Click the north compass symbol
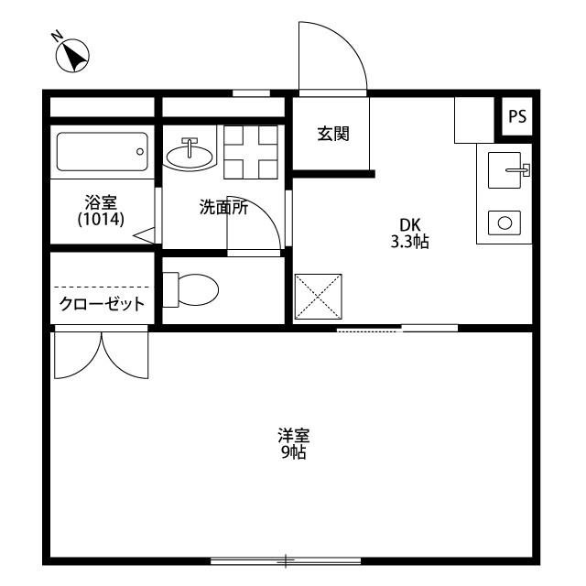click(72, 55)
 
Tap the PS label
click(517, 116)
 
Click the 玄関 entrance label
click(333, 134)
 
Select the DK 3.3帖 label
click(410, 233)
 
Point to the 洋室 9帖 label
click(294, 444)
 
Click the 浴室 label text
click(101, 202)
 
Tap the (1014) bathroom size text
click(101, 219)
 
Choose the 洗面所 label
click(223, 208)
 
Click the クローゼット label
click(102, 304)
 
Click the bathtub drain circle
click(140, 151)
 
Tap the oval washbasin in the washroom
click(190, 157)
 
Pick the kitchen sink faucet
click(518, 170)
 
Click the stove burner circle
click(505, 223)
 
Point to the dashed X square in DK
click(318, 297)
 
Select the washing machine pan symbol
click(251, 152)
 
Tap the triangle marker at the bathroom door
click(145, 235)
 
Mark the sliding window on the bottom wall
click(286, 561)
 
